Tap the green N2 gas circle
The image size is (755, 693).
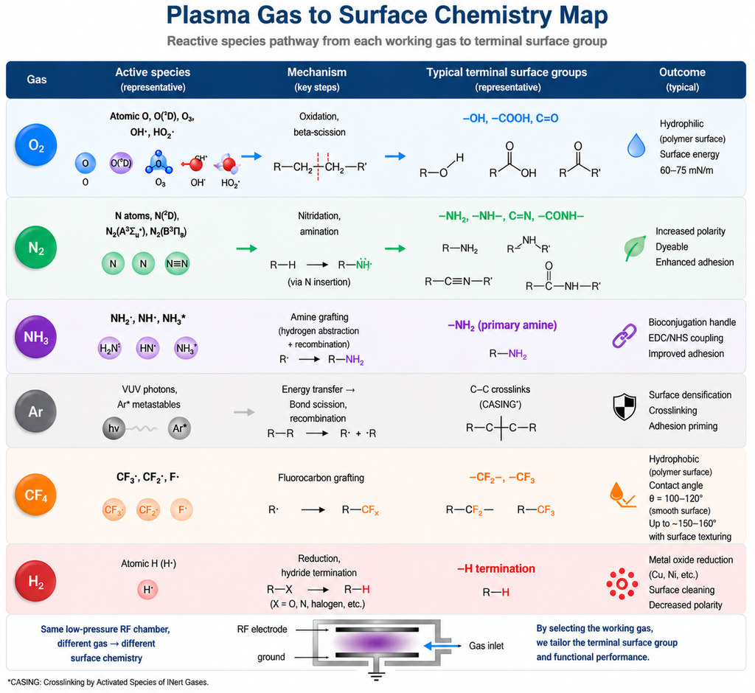(36, 247)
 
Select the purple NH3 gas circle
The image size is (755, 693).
(36, 336)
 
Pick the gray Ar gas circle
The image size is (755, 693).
(36, 411)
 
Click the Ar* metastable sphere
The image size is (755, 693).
(179, 428)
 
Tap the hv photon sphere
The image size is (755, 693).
(114, 428)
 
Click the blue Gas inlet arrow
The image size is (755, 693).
(445, 645)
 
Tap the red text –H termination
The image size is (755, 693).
(495, 568)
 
